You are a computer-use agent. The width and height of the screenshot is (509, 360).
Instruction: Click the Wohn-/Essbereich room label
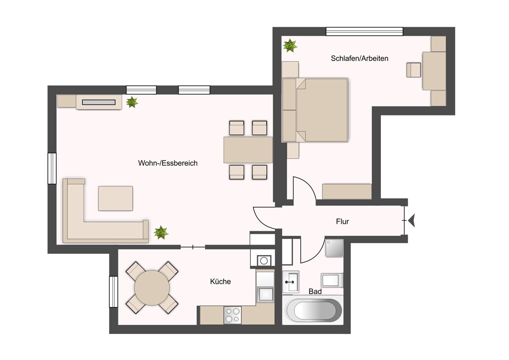(x=168, y=163)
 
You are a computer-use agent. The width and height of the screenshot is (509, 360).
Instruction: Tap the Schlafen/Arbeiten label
(x=360, y=59)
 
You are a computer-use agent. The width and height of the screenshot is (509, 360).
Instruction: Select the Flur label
(x=342, y=221)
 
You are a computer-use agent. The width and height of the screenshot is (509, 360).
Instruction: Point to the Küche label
(x=221, y=281)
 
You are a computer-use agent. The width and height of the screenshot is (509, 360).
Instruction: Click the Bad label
(x=315, y=291)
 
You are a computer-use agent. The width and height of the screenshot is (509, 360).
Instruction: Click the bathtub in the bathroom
(x=313, y=310)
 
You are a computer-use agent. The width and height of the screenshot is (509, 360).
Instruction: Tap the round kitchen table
(x=152, y=288)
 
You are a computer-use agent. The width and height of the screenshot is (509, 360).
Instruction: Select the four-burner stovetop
(x=232, y=315)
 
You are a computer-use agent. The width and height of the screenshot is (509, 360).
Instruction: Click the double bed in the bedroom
(x=315, y=110)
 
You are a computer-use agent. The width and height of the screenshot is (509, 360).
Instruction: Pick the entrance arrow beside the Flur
(x=411, y=220)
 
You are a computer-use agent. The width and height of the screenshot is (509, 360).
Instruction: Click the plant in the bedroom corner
(x=290, y=45)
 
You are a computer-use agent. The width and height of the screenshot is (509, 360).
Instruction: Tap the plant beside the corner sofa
(x=161, y=232)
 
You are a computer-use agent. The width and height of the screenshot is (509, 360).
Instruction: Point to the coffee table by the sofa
(x=115, y=199)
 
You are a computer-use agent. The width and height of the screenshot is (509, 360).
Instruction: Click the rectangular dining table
(x=248, y=149)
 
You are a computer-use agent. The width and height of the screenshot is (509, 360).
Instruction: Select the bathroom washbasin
(x=291, y=282)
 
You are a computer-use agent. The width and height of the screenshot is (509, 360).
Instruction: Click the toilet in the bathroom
(x=332, y=280)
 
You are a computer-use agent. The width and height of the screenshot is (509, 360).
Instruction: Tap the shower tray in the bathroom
(x=334, y=248)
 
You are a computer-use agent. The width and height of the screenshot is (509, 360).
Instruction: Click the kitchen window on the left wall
(x=114, y=292)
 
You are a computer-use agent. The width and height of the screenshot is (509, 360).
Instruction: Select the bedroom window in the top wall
(x=364, y=31)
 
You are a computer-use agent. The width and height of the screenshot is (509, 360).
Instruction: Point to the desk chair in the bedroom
(x=414, y=70)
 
